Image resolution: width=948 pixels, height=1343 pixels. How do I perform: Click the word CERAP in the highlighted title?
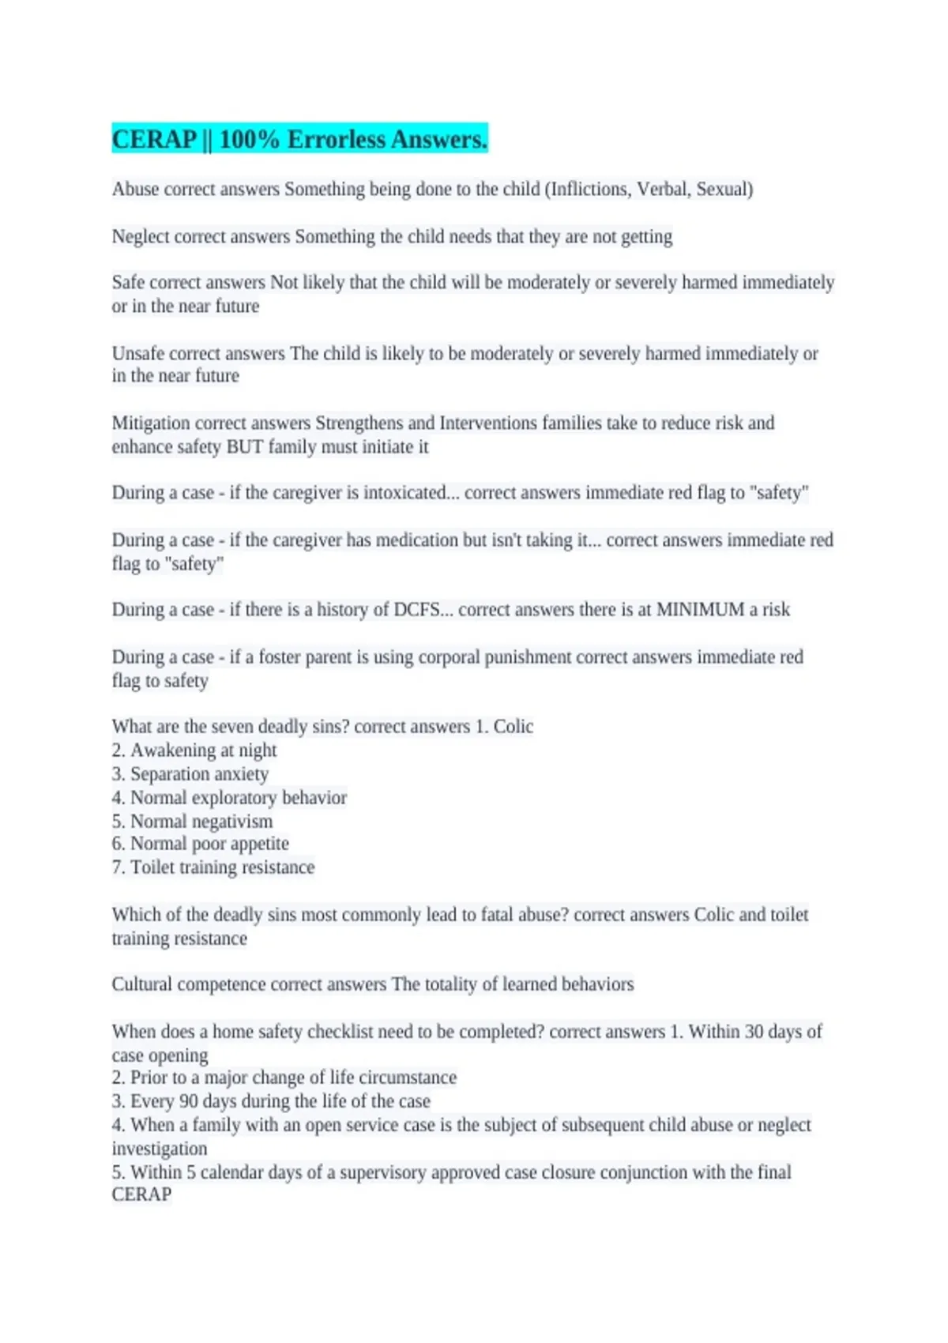[x=154, y=140]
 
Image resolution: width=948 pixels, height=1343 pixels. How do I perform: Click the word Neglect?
[x=141, y=237]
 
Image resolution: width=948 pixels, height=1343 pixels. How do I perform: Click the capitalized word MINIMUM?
[x=700, y=610]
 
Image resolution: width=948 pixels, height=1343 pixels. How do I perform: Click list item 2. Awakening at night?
[x=194, y=750]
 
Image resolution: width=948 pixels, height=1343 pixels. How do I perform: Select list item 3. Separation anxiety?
[x=190, y=774]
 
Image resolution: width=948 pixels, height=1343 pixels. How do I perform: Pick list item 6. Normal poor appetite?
[x=200, y=844]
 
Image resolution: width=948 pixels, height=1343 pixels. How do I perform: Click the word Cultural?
[x=142, y=984]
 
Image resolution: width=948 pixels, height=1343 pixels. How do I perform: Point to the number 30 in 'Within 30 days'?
[x=754, y=1032]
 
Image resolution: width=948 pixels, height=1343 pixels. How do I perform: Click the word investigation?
[x=160, y=1149]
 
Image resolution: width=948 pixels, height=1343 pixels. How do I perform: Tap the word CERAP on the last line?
[x=141, y=1194]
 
